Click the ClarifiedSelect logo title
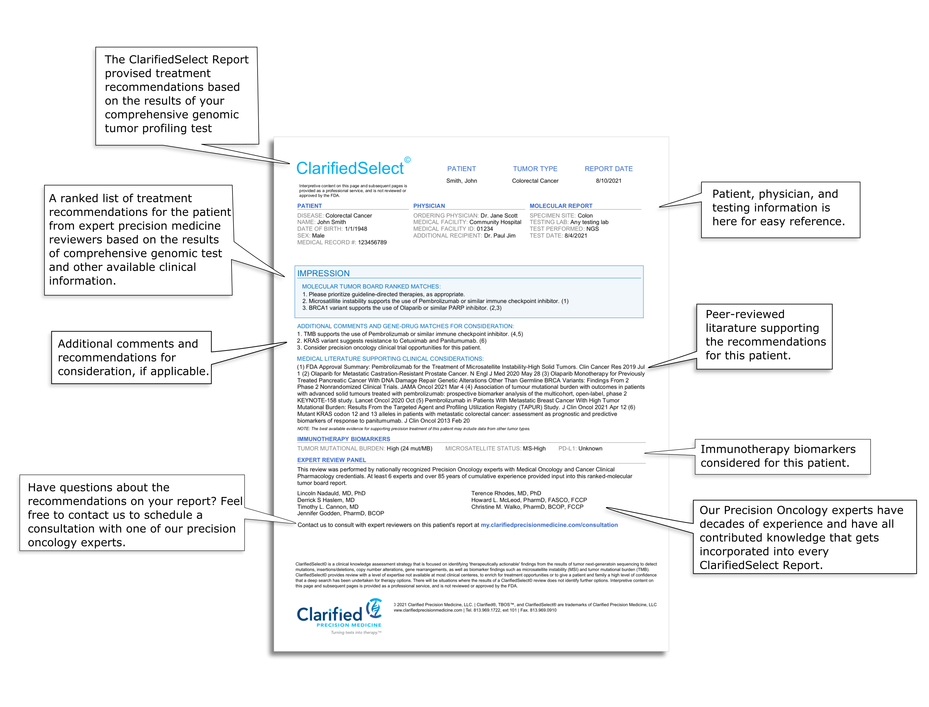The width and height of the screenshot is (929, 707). click(349, 168)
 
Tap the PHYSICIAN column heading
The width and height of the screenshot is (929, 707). click(429, 206)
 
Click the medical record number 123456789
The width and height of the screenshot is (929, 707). click(372, 242)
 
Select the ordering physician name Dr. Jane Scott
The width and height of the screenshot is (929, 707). click(499, 216)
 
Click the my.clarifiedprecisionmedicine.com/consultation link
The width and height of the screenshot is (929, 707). click(549, 525)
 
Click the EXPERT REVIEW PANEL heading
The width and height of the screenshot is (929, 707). click(332, 460)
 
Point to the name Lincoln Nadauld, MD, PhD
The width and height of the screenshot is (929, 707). click(331, 493)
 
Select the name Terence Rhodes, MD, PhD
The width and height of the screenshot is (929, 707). click(506, 493)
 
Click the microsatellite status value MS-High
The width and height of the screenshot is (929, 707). click(534, 449)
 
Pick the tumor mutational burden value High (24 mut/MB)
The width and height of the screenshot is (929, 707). click(409, 449)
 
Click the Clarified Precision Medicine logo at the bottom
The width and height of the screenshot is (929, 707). click(339, 615)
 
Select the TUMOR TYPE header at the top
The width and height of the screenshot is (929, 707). click(535, 169)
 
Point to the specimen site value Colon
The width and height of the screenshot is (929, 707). click(585, 216)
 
